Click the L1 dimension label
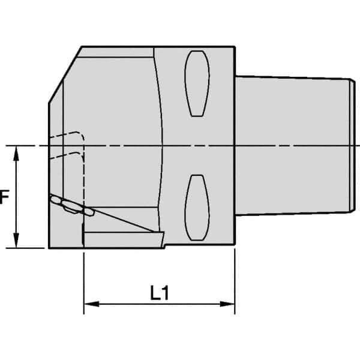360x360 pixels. coord(158,294)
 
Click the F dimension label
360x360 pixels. coord(4,197)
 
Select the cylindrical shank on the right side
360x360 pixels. coord(294,144)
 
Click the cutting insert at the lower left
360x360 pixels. coord(71,205)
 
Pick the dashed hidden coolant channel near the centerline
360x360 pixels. coord(69,144)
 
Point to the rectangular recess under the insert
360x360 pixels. coord(120,239)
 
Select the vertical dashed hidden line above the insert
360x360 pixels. coord(83,174)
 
